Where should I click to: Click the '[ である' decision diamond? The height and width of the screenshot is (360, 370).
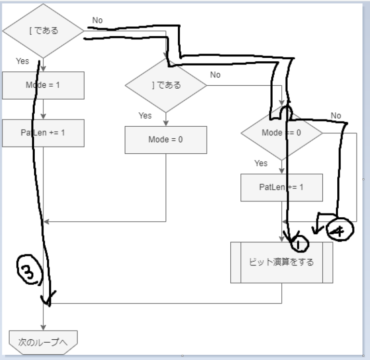[x=43, y=31]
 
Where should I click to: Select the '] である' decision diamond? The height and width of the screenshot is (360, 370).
[x=166, y=85]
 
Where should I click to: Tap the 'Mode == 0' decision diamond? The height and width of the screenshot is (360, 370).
[x=282, y=133]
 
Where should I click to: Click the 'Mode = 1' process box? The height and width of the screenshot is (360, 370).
[x=43, y=85]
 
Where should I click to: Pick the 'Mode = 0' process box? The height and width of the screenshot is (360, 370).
[x=166, y=140]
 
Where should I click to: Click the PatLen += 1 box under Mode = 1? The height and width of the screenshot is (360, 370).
[x=43, y=133]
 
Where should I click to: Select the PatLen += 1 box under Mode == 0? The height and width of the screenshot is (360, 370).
[x=282, y=187]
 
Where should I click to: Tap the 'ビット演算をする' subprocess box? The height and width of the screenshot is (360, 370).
[x=282, y=262]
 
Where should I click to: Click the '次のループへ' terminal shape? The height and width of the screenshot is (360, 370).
[x=43, y=342]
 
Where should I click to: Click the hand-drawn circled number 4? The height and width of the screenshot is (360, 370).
[x=340, y=231]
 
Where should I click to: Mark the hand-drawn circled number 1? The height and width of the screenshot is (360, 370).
[x=300, y=244]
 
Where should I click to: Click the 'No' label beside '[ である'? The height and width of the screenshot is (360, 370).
[x=97, y=20]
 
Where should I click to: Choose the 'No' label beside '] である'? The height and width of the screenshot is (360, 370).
[x=215, y=75]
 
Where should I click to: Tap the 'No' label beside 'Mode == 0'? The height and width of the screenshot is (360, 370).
[x=336, y=116]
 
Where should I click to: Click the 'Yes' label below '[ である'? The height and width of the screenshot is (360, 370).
[x=22, y=61]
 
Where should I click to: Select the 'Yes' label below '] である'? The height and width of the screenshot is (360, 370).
[x=145, y=116]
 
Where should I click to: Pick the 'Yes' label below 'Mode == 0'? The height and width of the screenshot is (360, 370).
[x=261, y=163]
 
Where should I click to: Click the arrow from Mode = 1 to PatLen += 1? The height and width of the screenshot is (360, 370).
[x=43, y=109]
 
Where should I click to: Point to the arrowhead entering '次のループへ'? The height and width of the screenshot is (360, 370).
[x=43, y=326]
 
